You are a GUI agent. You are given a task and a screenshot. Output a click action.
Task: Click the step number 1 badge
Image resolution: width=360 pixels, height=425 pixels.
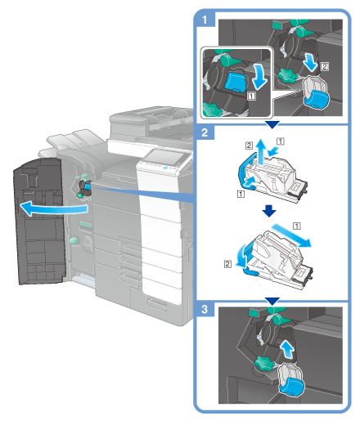205,20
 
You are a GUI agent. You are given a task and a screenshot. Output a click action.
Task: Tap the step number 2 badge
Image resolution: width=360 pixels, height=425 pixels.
205,132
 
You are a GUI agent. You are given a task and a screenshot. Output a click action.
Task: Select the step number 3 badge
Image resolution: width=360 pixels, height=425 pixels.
205,309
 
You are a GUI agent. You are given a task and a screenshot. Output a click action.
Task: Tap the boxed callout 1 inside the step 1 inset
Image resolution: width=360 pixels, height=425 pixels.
251,96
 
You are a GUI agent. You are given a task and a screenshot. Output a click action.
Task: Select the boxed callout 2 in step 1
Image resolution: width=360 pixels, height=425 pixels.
324,66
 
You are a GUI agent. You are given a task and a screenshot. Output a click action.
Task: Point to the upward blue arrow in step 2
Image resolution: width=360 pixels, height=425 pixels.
261,152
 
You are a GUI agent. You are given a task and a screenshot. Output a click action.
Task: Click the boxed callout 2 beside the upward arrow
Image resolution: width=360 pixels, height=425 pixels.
249,145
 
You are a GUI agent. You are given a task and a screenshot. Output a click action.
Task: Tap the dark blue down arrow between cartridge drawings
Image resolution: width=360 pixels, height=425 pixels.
269,211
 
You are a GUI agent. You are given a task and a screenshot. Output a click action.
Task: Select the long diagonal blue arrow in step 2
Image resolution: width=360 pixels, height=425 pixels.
291,235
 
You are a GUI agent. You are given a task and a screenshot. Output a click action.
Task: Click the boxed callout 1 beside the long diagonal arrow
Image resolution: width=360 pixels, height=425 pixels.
297,226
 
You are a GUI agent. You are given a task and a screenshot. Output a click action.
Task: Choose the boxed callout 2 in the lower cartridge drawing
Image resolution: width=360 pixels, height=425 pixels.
227,264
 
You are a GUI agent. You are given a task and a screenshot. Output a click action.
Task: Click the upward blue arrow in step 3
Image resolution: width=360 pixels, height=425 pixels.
288,350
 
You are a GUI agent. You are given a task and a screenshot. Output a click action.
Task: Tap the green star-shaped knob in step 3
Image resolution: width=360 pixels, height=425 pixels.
264,363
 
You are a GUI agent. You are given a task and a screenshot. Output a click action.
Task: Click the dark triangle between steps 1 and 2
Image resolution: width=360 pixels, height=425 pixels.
272,125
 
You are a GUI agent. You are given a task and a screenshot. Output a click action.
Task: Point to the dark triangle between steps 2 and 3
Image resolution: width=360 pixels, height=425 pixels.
272,301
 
